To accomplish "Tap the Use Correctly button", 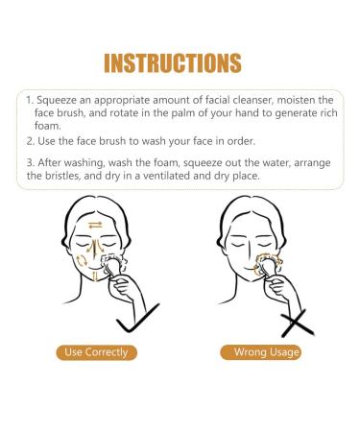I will [x=96, y=352].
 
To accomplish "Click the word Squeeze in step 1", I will [x=59, y=100].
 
